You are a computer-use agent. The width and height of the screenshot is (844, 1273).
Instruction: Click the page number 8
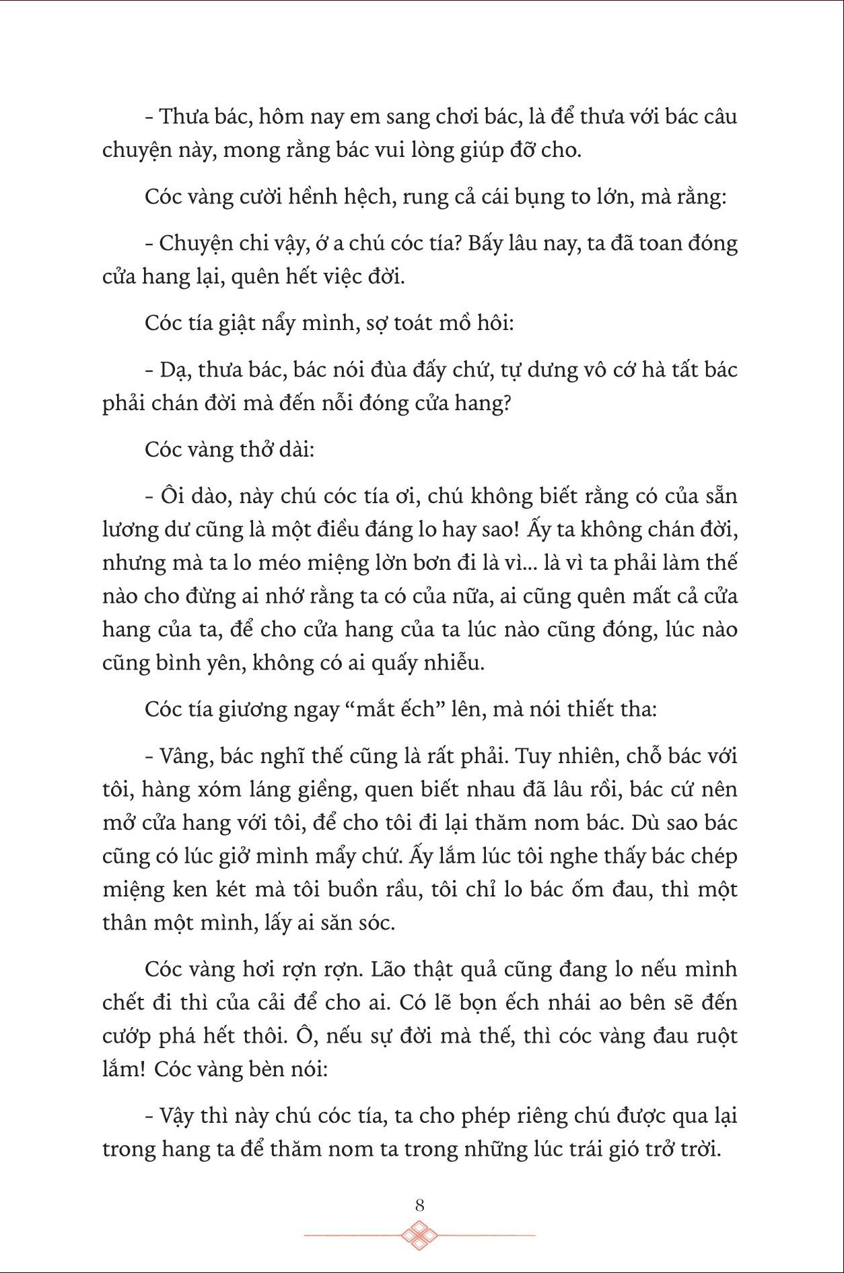click(420, 1205)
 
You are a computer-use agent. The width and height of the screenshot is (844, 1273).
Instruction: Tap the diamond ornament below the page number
click(420, 1235)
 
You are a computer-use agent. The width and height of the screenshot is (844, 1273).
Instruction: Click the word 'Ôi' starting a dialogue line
click(175, 496)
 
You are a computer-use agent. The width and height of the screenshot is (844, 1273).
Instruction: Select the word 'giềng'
click(327, 789)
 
